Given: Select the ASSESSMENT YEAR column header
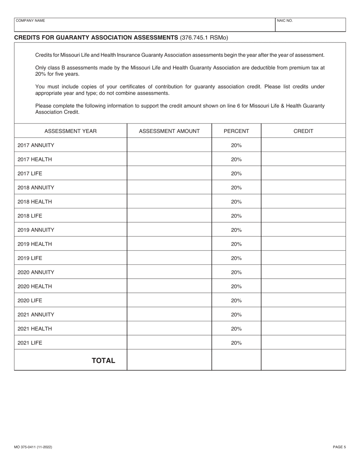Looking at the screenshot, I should click(x=70, y=131).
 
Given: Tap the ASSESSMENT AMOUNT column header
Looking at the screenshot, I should click(x=169, y=131).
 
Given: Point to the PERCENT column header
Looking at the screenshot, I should click(x=236, y=131).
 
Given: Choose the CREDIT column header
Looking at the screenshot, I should click(x=303, y=131).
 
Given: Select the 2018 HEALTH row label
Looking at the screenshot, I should click(x=35, y=202).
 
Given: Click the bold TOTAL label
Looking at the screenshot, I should click(x=104, y=360).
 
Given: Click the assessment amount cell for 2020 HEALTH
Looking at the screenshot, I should click(x=169, y=286).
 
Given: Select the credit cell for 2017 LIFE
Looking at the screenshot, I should click(x=303, y=174).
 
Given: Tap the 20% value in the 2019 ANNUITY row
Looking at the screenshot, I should click(x=236, y=230).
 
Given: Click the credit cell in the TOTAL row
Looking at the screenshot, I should click(x=303, y=360).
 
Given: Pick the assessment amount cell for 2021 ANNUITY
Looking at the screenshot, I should click(x=169, y=314).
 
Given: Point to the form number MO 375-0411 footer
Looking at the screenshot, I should click(x=33, y=447).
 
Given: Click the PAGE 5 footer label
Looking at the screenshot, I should click(x=339, y=447).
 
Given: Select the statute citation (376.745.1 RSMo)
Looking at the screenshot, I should click(x=204, y=38).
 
